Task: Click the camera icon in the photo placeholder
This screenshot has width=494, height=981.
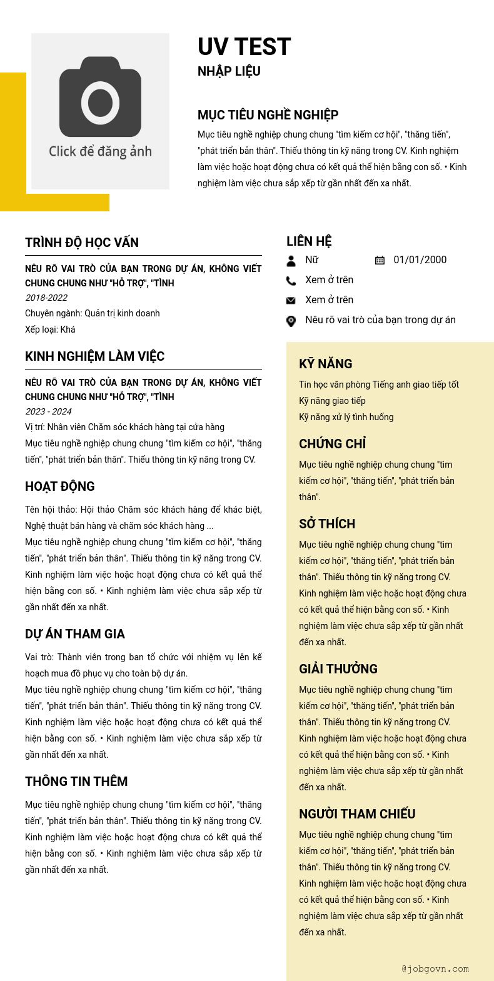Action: [x=100, y=98]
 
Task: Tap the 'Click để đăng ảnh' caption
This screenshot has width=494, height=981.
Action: [x=100, y=151]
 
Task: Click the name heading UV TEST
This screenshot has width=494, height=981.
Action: [x=244, y=47]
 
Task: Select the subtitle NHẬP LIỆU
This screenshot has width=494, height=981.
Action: [x=229, y=71]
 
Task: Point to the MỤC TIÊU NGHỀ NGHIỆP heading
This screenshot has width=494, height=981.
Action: [x=268, y=115]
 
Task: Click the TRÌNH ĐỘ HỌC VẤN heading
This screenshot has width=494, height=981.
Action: [x=82, y=243]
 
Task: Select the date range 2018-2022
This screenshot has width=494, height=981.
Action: [x=46, y=298]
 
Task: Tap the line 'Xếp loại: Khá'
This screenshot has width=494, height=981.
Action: [x=50, y=330]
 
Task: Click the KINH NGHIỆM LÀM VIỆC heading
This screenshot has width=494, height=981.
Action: [x=94, y=356]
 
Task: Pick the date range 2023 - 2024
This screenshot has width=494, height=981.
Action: [x=48, y=411]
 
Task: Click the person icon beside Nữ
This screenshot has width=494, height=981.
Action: [x=291, y=261]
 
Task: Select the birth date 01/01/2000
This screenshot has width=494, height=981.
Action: [x=420, y=260]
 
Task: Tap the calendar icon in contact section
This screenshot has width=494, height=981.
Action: [x=380, y=260]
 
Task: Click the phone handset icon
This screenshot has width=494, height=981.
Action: [x=291, y=281]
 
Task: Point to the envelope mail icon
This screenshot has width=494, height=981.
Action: [x=291, y=301]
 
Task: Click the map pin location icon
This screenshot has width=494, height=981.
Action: [x=291, y=321]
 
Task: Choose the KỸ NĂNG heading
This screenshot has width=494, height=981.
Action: [x=325, y=364]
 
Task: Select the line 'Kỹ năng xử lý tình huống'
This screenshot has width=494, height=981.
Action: [x=346, y=417]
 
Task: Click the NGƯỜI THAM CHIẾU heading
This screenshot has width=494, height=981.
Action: [x=357, y=814]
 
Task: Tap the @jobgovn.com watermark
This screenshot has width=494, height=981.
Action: [x=435, y=969]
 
